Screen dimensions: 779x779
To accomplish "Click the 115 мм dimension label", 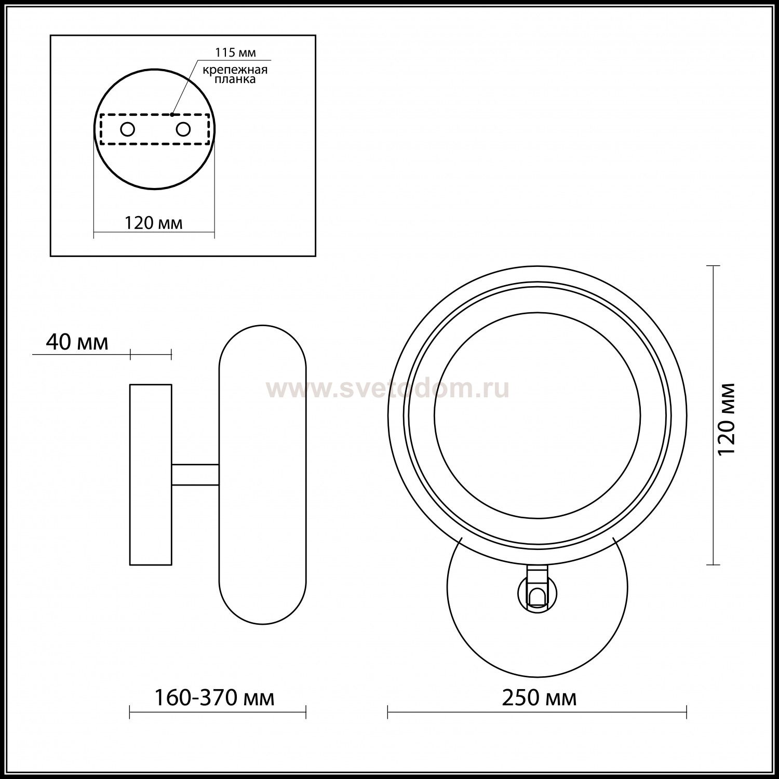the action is click(236, 52).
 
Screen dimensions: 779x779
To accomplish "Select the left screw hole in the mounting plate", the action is click(127, 129).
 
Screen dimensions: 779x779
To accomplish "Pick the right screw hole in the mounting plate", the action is click(183, 129).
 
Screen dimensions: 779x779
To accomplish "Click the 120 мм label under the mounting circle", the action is click(153, 223).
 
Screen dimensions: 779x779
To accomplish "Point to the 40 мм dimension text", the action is click(77, 343).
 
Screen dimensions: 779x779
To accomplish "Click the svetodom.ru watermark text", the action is click(387, 389).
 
